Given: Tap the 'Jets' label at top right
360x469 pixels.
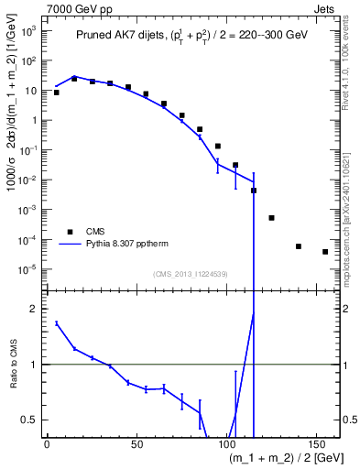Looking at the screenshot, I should pyautogui.click(x=326, y=7).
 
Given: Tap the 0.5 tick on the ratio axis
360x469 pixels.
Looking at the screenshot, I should pyautogui.click(x=29, y=420).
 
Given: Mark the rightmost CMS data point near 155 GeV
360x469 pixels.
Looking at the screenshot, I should pyautogui.click(x=325, y=252).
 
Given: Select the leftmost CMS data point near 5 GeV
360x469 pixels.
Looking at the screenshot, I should pyautogui.click(x=56, y=93).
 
